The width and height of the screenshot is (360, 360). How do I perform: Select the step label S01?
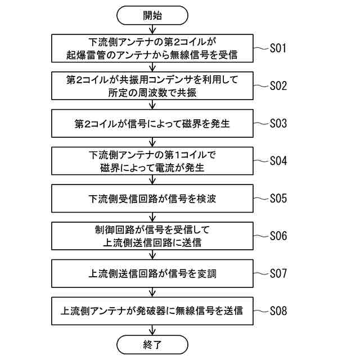[278, 48]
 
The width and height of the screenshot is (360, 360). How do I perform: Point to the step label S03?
[278, 123]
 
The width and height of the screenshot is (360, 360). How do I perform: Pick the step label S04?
[278, 160]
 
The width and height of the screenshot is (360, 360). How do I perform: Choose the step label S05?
[278, 198]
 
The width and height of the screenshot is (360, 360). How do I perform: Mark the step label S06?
[278, 236]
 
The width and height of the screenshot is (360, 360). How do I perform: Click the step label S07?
[278, 273]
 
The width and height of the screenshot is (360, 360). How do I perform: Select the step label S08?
[278, 310]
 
